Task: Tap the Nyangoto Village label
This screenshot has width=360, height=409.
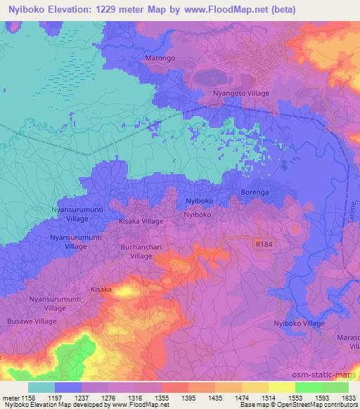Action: [241, 93]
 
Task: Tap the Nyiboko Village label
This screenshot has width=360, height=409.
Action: [299, 323]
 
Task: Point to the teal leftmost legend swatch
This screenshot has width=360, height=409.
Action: [41, 388]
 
